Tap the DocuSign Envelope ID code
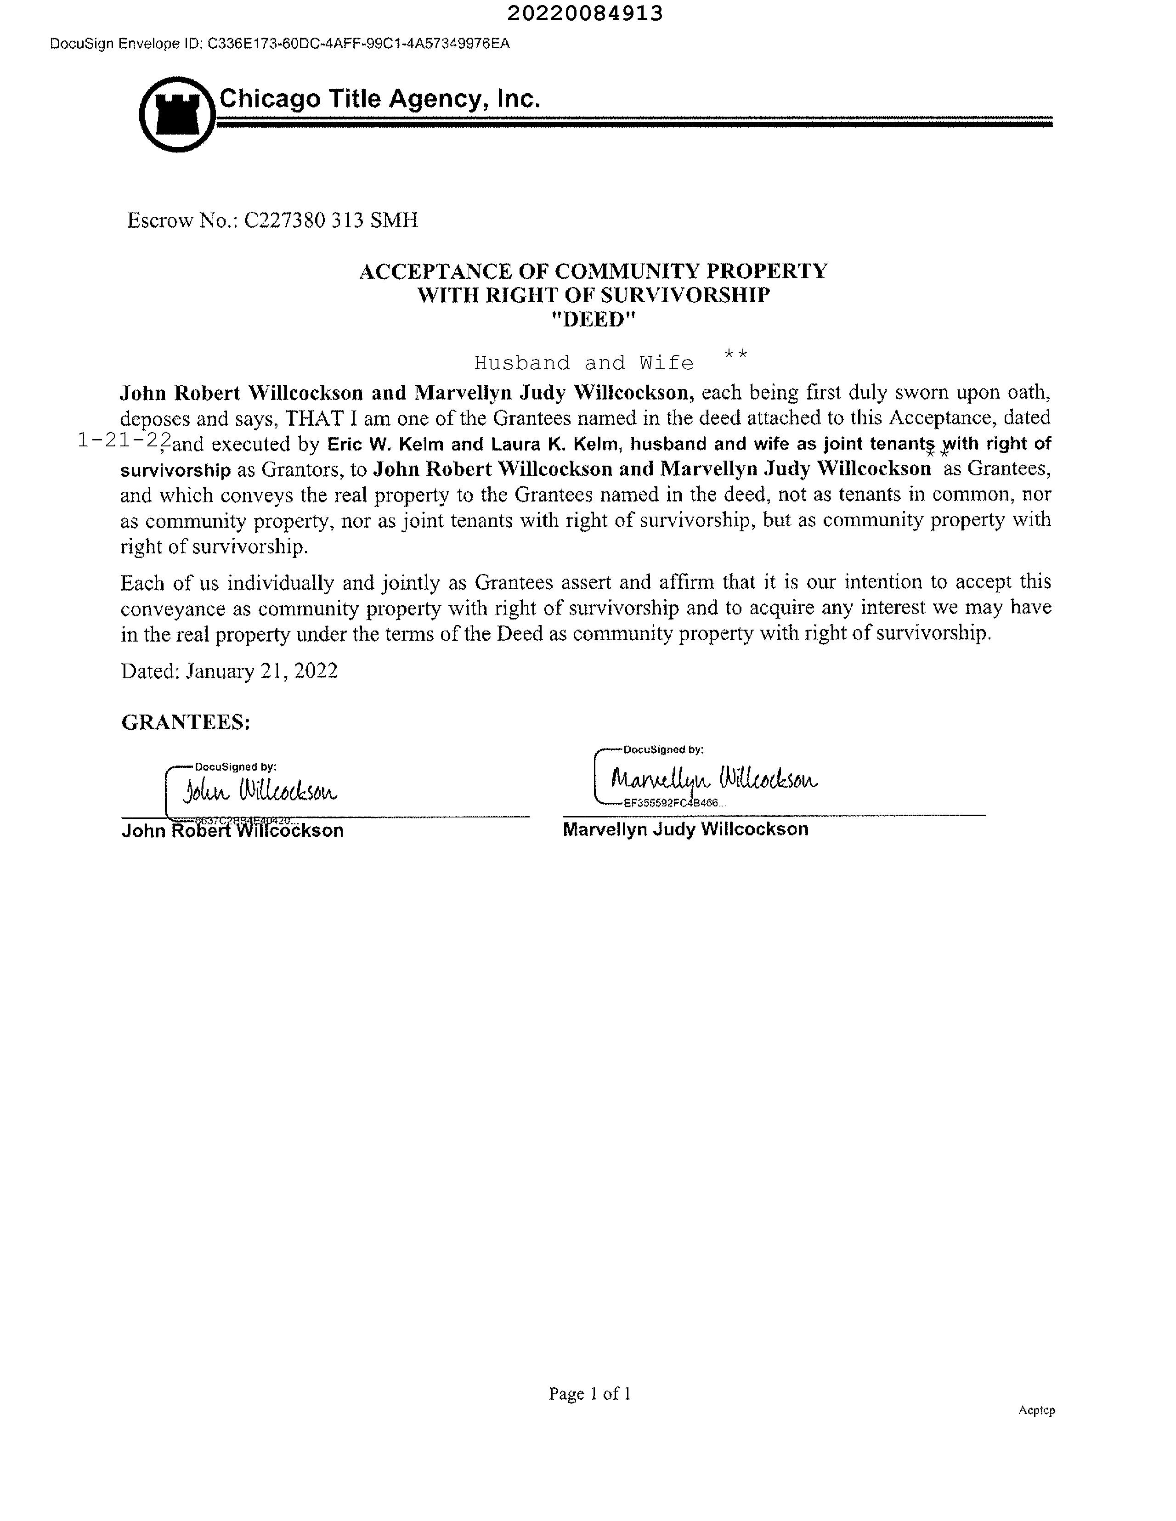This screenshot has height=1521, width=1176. click(358, 44)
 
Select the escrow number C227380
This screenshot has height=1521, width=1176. click(284, 221)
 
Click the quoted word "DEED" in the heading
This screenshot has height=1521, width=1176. click(593, 319)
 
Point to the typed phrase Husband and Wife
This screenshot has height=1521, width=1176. click(584, 363)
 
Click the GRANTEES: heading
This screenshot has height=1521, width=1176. click(185, 722)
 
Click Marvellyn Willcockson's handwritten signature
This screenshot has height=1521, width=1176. click(714, 778)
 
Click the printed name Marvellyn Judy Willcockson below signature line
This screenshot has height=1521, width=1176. click(685, 829)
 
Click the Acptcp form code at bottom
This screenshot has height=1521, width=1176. click(1036, 1410)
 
